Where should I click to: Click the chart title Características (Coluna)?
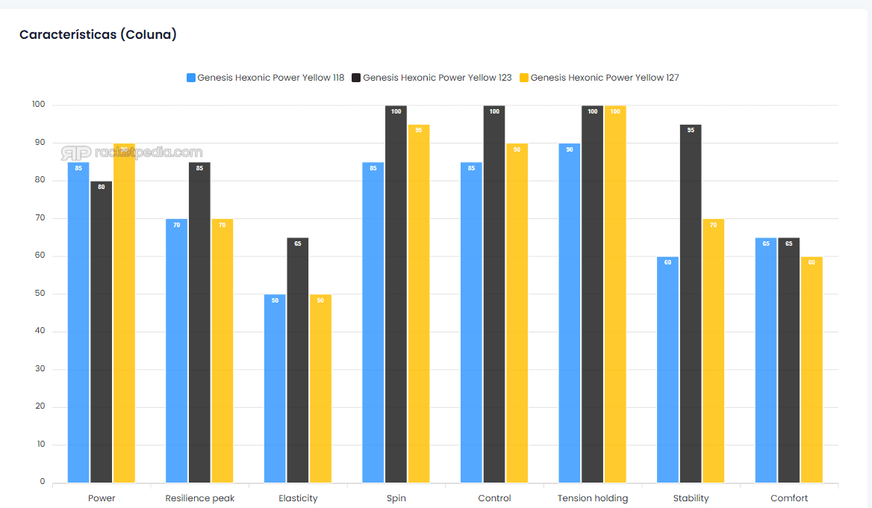pos(98,34)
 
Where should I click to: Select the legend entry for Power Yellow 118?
pos(265,78)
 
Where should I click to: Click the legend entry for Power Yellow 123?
pos(432,78)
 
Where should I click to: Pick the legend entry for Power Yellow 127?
pos(599,78)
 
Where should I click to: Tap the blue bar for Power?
pos(78,321)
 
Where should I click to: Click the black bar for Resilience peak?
pos(199,321)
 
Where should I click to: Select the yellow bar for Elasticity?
pos(320,388)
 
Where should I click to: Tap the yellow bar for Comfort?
pos(812,369)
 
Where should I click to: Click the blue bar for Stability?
pos(667,369)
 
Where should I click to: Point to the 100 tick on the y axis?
pos(39,105)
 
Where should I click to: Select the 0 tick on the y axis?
pos(43,482)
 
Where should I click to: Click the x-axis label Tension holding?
pos(593,498)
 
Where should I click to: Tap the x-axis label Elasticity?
pos(298,498)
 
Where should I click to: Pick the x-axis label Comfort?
pos(789,498)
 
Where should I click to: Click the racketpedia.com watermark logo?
pos(131,152)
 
